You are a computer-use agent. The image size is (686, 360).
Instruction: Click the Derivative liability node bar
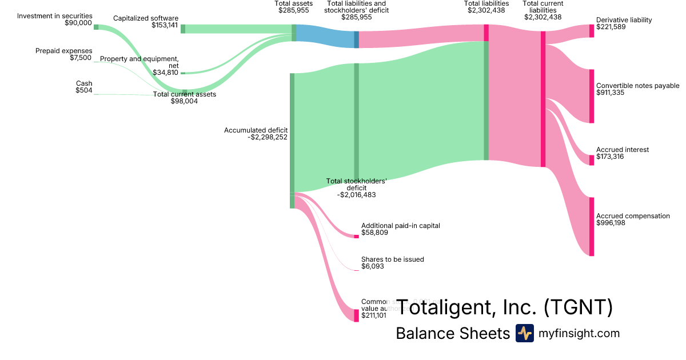pyautogui.click(x=592, y=31)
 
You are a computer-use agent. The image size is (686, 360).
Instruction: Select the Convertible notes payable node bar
pyautogui.click(x=592, y=96)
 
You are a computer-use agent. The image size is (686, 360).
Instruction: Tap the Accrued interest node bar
pyautogui.click(x=592, y=160)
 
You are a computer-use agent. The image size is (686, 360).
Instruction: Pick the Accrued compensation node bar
pyautogui.click(x=592, y=227)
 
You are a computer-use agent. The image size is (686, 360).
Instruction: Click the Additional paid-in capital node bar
pyautogui.click(x=356, y=237)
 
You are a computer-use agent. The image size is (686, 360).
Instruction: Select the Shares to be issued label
pyautogui.click(x=393, y=259)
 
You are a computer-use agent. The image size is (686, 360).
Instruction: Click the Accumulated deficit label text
pyautogui.click(x=256, y=130)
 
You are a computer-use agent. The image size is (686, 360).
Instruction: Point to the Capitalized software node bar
pyautogui.click(x=183, y=29)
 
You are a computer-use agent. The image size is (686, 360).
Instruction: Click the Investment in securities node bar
pyautogui.click(x=96, y=27)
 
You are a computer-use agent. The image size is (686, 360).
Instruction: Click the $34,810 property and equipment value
pyautogui.click(x=165, y=73)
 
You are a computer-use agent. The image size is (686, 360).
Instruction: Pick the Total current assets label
pyautogui.click(x=185, y=94)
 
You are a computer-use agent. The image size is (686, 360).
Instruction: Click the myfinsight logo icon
pyautogui.click(x=525, y=333)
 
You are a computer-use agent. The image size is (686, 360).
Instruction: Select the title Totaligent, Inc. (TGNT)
pyautogui.click(x=505, y=307)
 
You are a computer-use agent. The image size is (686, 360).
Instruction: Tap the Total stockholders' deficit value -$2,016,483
pyautogui.click(x=356, y=195)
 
